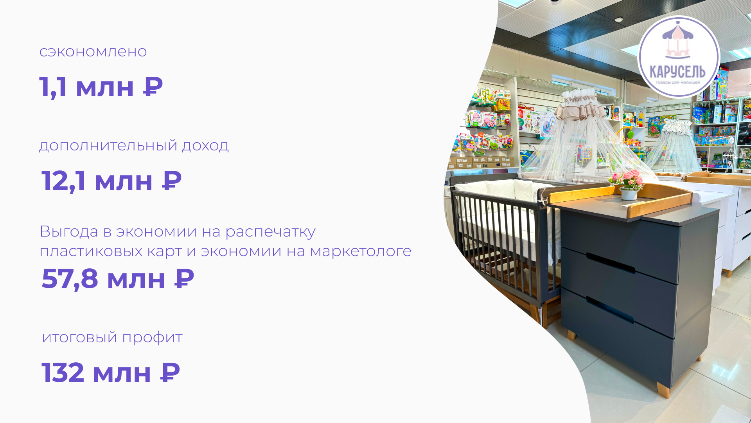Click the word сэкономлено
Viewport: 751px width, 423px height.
point(93,52)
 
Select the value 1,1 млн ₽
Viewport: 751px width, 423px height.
point(101,87)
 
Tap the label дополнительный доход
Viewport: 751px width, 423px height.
point(134,146)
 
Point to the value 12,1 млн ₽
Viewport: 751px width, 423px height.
point(111,181)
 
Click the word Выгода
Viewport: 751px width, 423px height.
point(69,231)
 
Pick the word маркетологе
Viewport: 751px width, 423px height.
point(361,251)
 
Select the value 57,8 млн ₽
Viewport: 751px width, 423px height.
point(118,279)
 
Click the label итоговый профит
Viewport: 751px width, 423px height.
point(112,338)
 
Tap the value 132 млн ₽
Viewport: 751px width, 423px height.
point(111,373)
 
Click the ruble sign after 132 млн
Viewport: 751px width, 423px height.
point(171,372)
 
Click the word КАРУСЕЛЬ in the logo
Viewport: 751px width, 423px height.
point(677,72)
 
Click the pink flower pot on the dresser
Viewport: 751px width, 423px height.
point(628,185)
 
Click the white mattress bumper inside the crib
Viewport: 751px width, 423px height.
point(505,190)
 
